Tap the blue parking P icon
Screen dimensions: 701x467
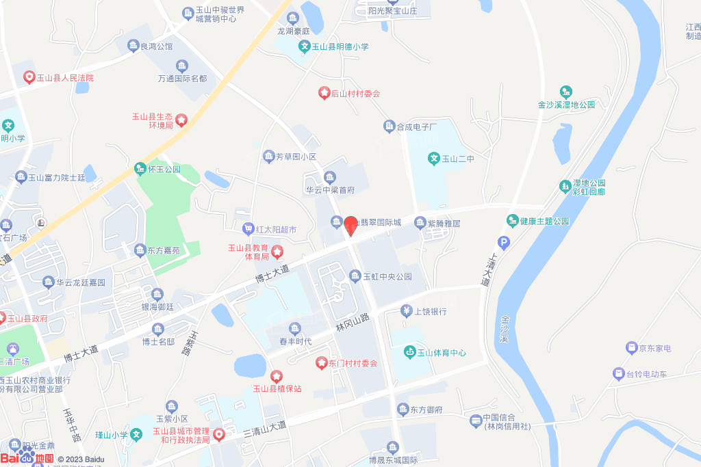(x=504, y=242)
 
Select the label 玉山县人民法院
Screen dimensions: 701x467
(x=64, y=78)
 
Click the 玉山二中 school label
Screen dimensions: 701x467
(x=457, y=159)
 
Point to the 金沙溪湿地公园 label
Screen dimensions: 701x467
(x=566, y=105)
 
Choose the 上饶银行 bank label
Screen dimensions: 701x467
(x=431, y=311)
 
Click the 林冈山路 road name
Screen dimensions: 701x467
(x=353, y=322)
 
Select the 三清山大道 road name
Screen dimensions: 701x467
(x=265, y=428)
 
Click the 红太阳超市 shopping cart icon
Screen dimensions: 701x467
(x=248, y=229)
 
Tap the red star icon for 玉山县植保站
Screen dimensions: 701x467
(x=276, y=376)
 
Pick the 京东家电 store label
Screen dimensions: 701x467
(x=654, y=349)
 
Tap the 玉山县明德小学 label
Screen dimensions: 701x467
(x=340, y=47)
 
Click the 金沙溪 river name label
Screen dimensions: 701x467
(x=505, y=329)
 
